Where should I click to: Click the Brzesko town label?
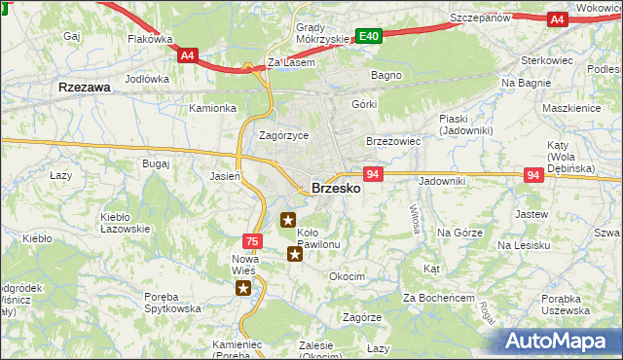tap(336, 189)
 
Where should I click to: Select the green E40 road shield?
tap(368, 36)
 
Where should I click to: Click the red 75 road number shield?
tap(252, 240)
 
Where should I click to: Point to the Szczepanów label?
tap(481, 18)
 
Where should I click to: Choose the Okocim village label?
tap(347, 276)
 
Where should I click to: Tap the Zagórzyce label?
tap(283, 136)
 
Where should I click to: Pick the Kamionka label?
tap(213, 109)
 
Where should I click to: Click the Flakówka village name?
tap(150, 40)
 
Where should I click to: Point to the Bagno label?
tap(386, 74)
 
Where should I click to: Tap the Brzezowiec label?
tap(392, 141)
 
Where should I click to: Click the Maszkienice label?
tap(571, 108)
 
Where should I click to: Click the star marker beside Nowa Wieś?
tap(244, 287)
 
